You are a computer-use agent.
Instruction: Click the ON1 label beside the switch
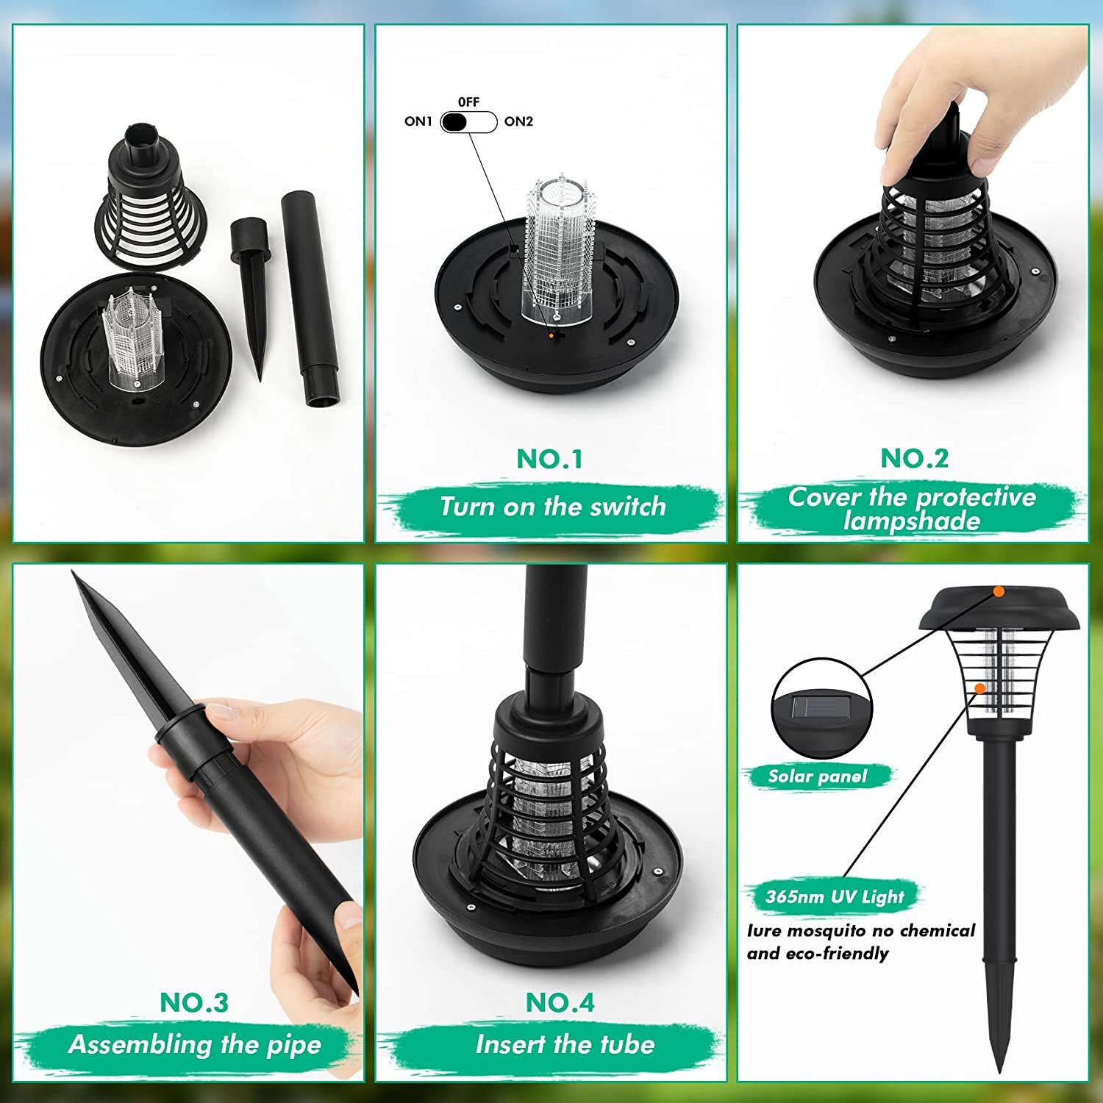tap(418, 121)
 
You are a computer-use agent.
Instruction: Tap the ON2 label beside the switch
tap(518, 121)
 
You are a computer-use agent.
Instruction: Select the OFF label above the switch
tap(468, 102)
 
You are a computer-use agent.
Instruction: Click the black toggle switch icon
tap(468, 122)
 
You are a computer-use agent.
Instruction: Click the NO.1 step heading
tap(549, 459)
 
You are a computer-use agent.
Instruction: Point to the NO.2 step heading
tap(914, 458)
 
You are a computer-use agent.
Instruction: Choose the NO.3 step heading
tap(194, 1002)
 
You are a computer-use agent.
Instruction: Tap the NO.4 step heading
tap(560, 1002)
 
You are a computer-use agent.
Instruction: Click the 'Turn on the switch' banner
tap(552, 507)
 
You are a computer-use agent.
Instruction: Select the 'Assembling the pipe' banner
tap(194, 1044)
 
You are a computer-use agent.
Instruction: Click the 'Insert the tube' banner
tap(564, 1044)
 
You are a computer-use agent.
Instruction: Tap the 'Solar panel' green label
tap(817, 777)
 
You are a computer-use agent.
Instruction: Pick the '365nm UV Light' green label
tap(834, 896)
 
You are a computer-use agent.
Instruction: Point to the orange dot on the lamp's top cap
tap(998, 590)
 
